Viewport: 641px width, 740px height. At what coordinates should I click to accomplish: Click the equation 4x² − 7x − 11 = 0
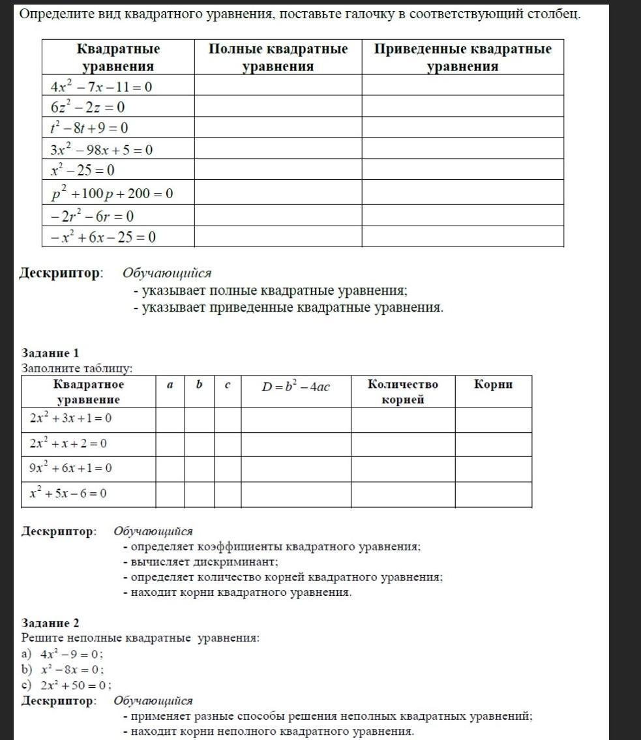coord(101,86)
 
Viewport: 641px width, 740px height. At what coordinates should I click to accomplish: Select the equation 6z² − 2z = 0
coord(87,107)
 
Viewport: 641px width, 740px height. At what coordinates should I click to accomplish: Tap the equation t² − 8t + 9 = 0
coord(89,128)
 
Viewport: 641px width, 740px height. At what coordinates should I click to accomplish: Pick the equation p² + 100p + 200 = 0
coord(112,193)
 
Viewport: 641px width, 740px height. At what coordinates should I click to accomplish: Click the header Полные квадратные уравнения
coord(278,57)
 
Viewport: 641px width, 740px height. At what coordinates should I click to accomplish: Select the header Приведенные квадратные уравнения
coord(462,57)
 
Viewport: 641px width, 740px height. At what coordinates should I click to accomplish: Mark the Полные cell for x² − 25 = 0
coord(278,170)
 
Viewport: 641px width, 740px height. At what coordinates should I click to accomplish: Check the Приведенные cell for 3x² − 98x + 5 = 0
coord(462,149)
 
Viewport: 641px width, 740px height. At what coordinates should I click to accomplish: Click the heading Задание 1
coord(50,353)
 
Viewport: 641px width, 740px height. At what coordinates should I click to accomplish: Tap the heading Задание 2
coord(50,623)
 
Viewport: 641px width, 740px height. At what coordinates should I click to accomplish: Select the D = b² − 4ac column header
coord(296,387)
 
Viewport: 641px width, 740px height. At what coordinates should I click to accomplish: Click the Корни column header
coord(493,384)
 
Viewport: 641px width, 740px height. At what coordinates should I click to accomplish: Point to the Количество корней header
coord(402,391)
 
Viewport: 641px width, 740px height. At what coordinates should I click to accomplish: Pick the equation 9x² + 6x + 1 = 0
coord(70,468)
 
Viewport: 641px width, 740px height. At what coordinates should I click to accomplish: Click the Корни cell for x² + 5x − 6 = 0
coord(493,494)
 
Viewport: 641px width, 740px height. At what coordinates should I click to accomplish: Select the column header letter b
coord(199,385)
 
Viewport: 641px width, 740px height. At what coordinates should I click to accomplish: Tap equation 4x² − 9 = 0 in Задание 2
coord(71,654)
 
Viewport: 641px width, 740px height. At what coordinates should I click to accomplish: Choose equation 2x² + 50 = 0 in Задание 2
coord(76,685)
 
